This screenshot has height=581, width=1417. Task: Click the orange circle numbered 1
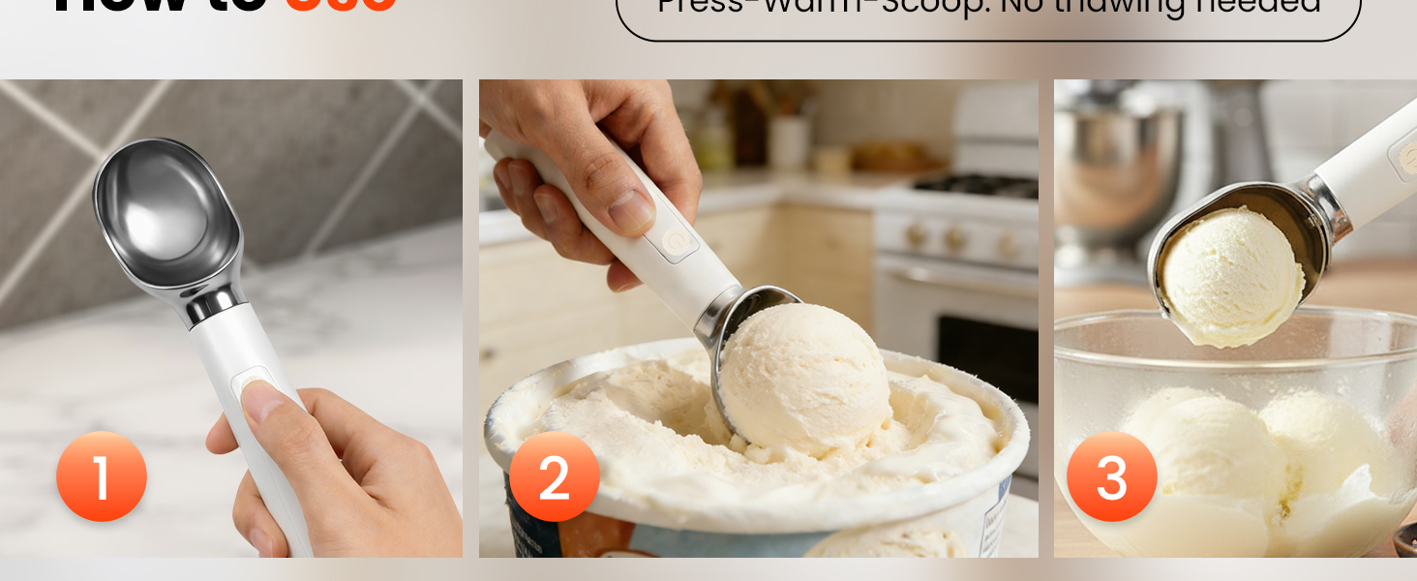coord(102,476)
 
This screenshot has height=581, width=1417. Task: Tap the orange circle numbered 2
coord(554,476)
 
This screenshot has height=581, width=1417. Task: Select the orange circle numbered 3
coord(1111,476)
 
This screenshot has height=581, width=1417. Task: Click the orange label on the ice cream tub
coord(581,538)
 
